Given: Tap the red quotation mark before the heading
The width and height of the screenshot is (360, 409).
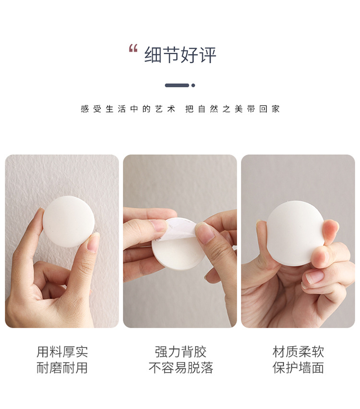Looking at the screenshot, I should [x=133, y=48].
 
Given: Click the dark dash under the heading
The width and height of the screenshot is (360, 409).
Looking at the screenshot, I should [x=177, y=85].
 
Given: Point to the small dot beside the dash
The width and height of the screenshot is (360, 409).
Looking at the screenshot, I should [x=193, y=85].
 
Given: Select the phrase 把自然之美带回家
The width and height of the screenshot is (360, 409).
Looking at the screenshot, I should [x=232, y=109].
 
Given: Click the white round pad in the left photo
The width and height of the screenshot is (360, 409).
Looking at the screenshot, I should [x=68, y=222].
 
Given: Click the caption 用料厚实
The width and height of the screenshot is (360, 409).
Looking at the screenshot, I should [x=62, y=352].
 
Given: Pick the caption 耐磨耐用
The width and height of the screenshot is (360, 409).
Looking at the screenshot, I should [x=62, y=368].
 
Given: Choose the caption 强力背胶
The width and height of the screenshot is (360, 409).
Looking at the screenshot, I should [x=180, y=352].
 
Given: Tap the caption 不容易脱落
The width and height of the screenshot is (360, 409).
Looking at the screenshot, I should [x=180, y=368].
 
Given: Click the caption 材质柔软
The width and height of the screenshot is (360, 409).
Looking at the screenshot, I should [x=298, y=352].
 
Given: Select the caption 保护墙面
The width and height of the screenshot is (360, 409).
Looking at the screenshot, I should [x=298, y=368].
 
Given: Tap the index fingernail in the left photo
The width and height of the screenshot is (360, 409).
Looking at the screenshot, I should [x=93, y=242].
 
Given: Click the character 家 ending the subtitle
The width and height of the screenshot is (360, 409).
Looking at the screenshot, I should [x=275, y=109].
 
